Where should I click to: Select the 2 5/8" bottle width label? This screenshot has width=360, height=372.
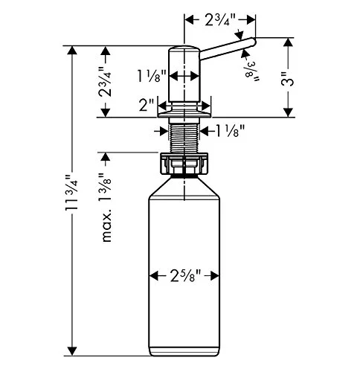[185, 275]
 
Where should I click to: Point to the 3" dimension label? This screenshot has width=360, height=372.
[288, 79]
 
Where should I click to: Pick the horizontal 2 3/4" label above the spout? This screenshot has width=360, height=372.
[220, 19]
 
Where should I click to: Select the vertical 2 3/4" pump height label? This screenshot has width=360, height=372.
[105, 81]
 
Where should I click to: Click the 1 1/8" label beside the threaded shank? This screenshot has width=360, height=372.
[231, 131]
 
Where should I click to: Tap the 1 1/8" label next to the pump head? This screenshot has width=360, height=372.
[152, 76]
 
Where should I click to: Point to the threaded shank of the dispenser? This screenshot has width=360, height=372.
[184, 138]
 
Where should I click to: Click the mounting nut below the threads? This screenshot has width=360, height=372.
[184, 163]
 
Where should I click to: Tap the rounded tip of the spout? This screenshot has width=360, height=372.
[253, 42]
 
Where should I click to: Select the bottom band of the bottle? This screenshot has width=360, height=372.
[184, 351]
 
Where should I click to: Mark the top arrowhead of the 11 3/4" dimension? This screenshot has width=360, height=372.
[72, 51]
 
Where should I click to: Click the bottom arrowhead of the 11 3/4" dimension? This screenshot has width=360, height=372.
[72, 351]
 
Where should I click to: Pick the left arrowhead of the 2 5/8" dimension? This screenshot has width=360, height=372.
[154, 275]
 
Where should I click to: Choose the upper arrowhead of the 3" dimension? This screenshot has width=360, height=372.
[288, 42]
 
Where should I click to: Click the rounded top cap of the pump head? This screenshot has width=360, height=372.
[184, 48]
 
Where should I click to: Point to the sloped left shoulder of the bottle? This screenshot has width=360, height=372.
[160, 186]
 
